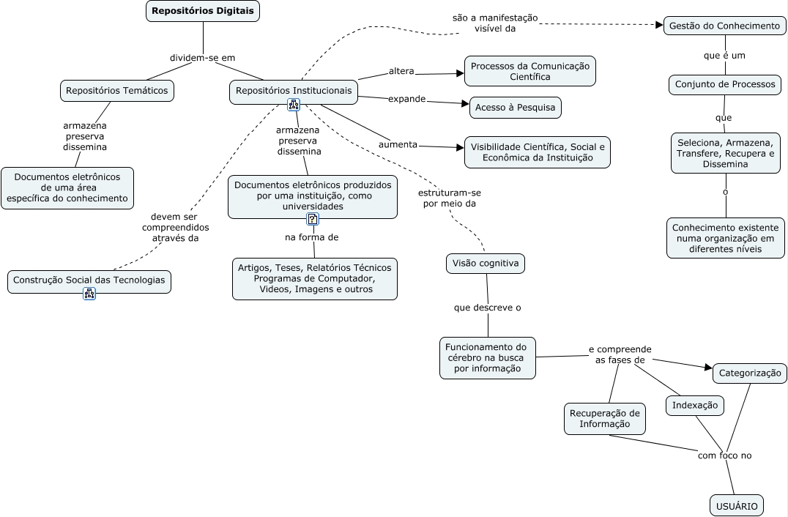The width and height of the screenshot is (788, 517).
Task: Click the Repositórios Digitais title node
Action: coord(203,11)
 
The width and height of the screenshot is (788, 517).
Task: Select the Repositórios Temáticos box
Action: coord(116,91)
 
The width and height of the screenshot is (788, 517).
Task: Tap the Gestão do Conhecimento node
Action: coord(724,26)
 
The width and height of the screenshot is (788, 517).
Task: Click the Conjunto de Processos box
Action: coord(724,84)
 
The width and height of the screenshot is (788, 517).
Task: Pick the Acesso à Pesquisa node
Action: coord(515,108)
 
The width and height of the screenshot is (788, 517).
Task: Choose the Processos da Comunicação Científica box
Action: coord(529,71)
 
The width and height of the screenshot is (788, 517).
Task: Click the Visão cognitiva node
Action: coord(485,263)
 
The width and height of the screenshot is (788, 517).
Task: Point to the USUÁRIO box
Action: coord(736,505)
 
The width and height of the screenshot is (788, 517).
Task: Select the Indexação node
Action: coord(694,405)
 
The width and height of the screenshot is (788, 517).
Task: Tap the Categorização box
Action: coord(750,373)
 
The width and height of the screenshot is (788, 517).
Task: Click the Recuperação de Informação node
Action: coord(605,418)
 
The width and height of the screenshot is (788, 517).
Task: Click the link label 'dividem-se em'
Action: coord(202,57)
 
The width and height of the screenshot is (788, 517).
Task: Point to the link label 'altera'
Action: coord(401,71)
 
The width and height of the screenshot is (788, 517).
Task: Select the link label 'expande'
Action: coord(406,98)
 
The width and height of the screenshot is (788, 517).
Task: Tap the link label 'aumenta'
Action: coord(398,144)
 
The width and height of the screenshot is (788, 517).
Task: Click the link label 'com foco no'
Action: coord(724,455)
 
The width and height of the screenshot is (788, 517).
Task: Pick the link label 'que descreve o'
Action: coord(487,308)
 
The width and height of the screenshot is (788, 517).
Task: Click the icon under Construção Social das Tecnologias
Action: coord(89,294)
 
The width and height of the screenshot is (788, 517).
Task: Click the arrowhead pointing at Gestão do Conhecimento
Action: coord(657,25)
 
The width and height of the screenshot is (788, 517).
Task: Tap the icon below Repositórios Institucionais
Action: coord(294,105)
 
